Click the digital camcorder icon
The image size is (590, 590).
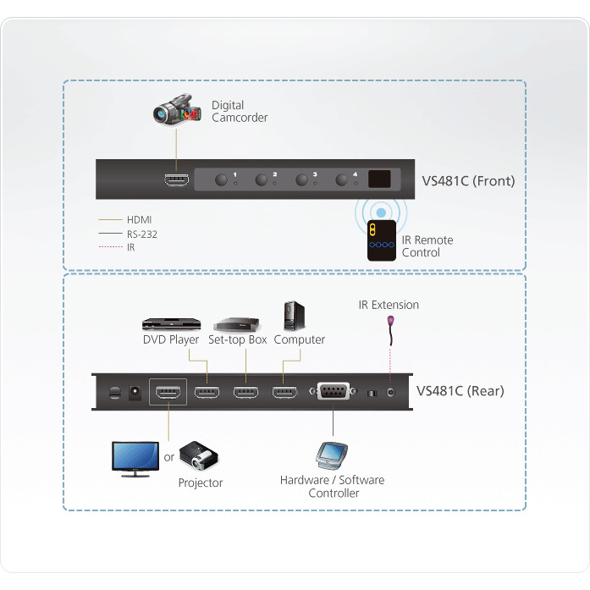(x=174, y=113)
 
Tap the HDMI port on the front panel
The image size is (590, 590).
(x=176, y=179)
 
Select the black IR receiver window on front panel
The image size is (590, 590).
(x=379, y=179)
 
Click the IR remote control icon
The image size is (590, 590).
(x=381, y=240)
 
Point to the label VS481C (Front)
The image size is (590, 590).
(x=468, y=180)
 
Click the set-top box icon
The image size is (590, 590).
(x=236, y=323)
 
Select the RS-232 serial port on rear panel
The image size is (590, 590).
(x=331, y=392)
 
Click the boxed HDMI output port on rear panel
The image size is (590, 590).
(x=168, y=392)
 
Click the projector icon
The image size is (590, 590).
(x=200, y=457)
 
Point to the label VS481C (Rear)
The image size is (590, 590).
(x=460, y=391)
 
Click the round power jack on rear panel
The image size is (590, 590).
(x=133, y=392)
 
